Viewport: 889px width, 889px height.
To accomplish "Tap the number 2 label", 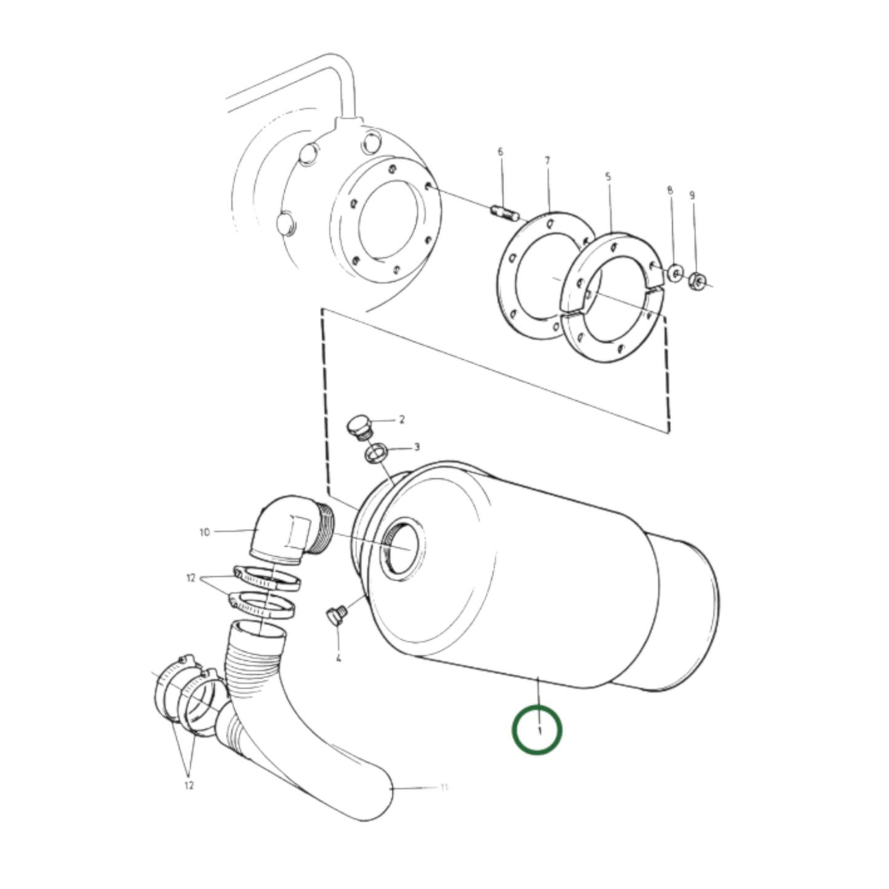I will pos(402,420).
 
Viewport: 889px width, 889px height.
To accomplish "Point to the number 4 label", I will pos(338,658).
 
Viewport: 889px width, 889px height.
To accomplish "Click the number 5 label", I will pos(608,177).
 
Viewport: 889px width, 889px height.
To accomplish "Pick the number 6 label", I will pos(500,151).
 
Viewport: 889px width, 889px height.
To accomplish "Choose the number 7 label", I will pos(547,161).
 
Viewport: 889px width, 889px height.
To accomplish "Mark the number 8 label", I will pos(670,191).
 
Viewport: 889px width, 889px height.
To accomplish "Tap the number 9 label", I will pos(692,196).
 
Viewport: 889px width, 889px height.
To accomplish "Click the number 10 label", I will pos(205,532).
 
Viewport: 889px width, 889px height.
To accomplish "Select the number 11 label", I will pos(444,787).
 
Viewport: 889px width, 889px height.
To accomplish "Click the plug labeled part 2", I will pos(359,426).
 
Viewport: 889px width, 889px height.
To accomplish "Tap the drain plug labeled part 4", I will pos(335,616).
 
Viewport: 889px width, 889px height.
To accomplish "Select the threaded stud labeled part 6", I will pos(503,213).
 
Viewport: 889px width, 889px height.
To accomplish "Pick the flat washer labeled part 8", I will pos(676,272).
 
